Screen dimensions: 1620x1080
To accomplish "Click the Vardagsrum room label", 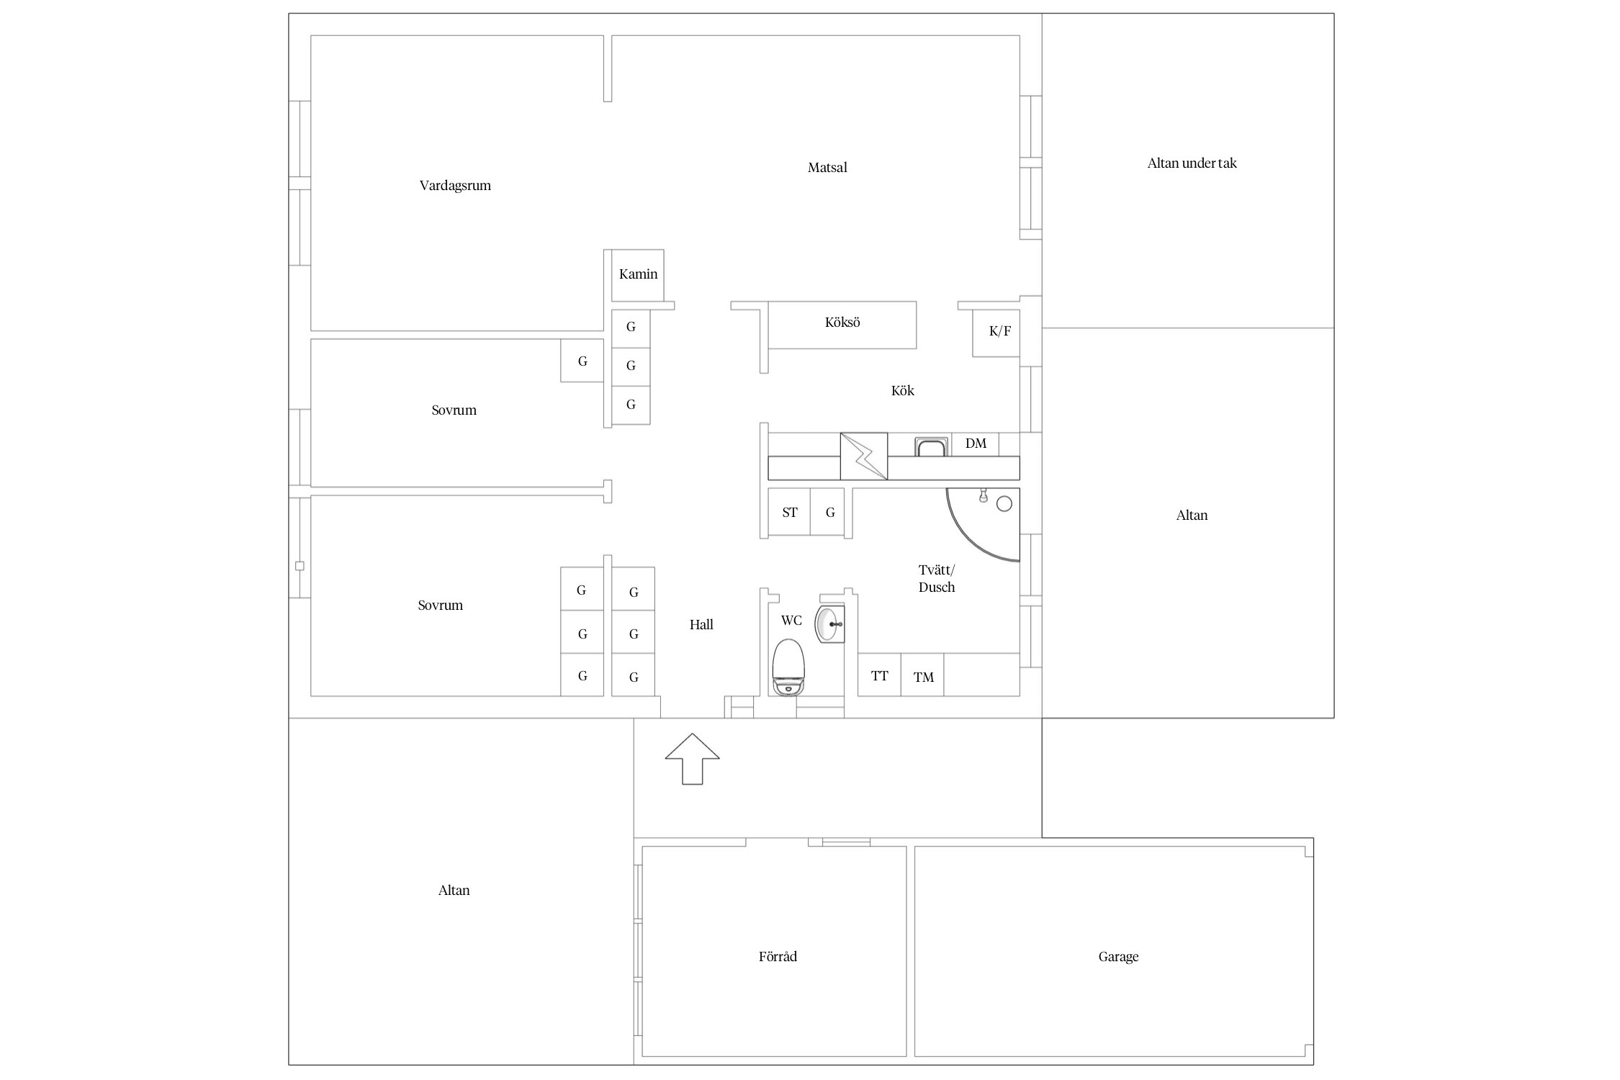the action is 455,186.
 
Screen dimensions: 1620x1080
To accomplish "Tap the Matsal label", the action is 827,168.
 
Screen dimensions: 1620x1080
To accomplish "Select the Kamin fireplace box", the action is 638,275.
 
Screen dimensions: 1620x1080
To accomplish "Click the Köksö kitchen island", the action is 842,325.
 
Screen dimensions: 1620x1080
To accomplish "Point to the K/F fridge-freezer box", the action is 996,333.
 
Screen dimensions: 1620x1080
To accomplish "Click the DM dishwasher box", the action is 976,444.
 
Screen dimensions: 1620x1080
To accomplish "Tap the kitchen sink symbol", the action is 932,446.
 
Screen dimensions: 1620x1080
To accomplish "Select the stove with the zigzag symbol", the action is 864,456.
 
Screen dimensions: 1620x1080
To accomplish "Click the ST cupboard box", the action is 789,512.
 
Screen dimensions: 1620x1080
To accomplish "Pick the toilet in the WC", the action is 788,667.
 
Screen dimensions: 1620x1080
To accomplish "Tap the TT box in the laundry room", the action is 879,675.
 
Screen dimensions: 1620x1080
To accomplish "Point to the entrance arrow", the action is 692,758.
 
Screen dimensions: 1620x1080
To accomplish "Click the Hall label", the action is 701,625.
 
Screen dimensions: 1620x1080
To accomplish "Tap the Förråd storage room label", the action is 778,956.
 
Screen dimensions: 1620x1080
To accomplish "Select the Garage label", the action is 1118,957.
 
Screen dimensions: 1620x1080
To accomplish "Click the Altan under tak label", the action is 1192,163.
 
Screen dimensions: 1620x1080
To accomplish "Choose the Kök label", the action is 902,390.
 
